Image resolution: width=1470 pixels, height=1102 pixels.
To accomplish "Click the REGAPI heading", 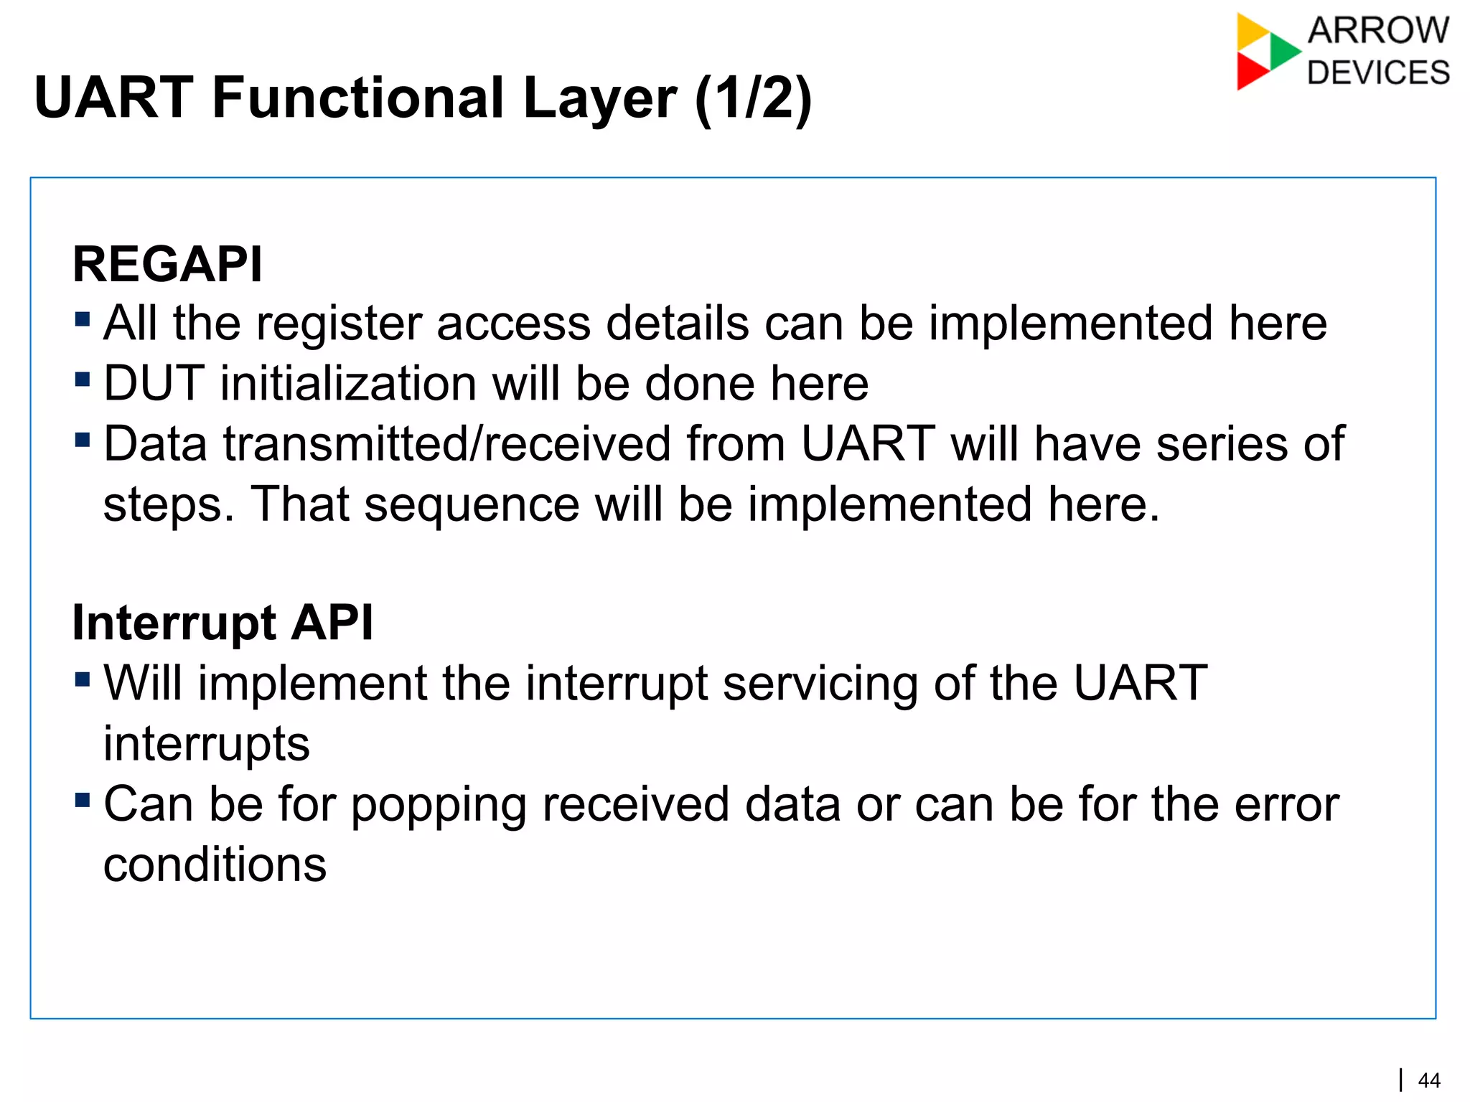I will [x=167, y=265].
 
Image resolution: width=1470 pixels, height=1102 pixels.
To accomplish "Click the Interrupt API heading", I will [x=223, y=622].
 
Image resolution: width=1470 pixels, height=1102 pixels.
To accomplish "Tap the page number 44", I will [x=1429, y=1080].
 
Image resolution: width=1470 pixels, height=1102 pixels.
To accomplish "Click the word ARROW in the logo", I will [x=1378, y=31].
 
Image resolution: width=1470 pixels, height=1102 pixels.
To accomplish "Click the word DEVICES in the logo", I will [x=1378, y=73].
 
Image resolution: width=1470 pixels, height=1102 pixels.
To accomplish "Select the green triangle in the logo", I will [x=1283, y=51].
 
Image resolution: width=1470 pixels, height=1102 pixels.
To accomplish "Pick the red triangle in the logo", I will [x=1250, y=72].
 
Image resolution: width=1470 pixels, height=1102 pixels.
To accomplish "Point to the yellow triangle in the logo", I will [x=1250, y=32].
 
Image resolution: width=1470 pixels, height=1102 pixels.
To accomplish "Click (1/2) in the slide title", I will [x=753, y=98].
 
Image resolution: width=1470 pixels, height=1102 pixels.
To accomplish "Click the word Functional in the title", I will [x=358, y=98].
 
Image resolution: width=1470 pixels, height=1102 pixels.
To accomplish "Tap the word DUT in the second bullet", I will [x=154, y=383].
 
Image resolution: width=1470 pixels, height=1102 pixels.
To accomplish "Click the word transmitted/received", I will [x=446, y=443].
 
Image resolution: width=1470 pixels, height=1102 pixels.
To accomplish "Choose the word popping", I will [x=438, y=805].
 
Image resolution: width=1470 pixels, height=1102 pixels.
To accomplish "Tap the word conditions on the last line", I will [x=215, y=865].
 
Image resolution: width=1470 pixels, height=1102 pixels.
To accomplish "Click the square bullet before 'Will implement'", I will [x=83, y=678].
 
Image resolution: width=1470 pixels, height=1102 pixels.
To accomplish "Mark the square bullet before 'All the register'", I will [x=83, y=318].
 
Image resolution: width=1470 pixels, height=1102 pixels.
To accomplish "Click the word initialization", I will [x=347, y=383].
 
